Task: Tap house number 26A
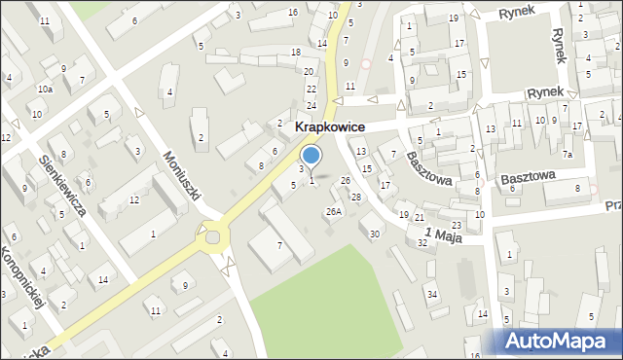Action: tap(334, 211)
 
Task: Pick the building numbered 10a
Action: tap(45, 89)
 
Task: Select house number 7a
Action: tap(567, 155)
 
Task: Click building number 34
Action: tap(431, 293)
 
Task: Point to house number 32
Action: tap(422, 242)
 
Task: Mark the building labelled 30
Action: tap(375, 234)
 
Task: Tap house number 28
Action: tap(355, 198)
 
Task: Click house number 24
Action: tap(311, 105)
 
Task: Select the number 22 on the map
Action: tap(311, 89)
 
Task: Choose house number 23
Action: tap(457, 225)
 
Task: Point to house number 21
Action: tap(419, 217)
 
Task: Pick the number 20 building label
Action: tap(309, 72)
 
